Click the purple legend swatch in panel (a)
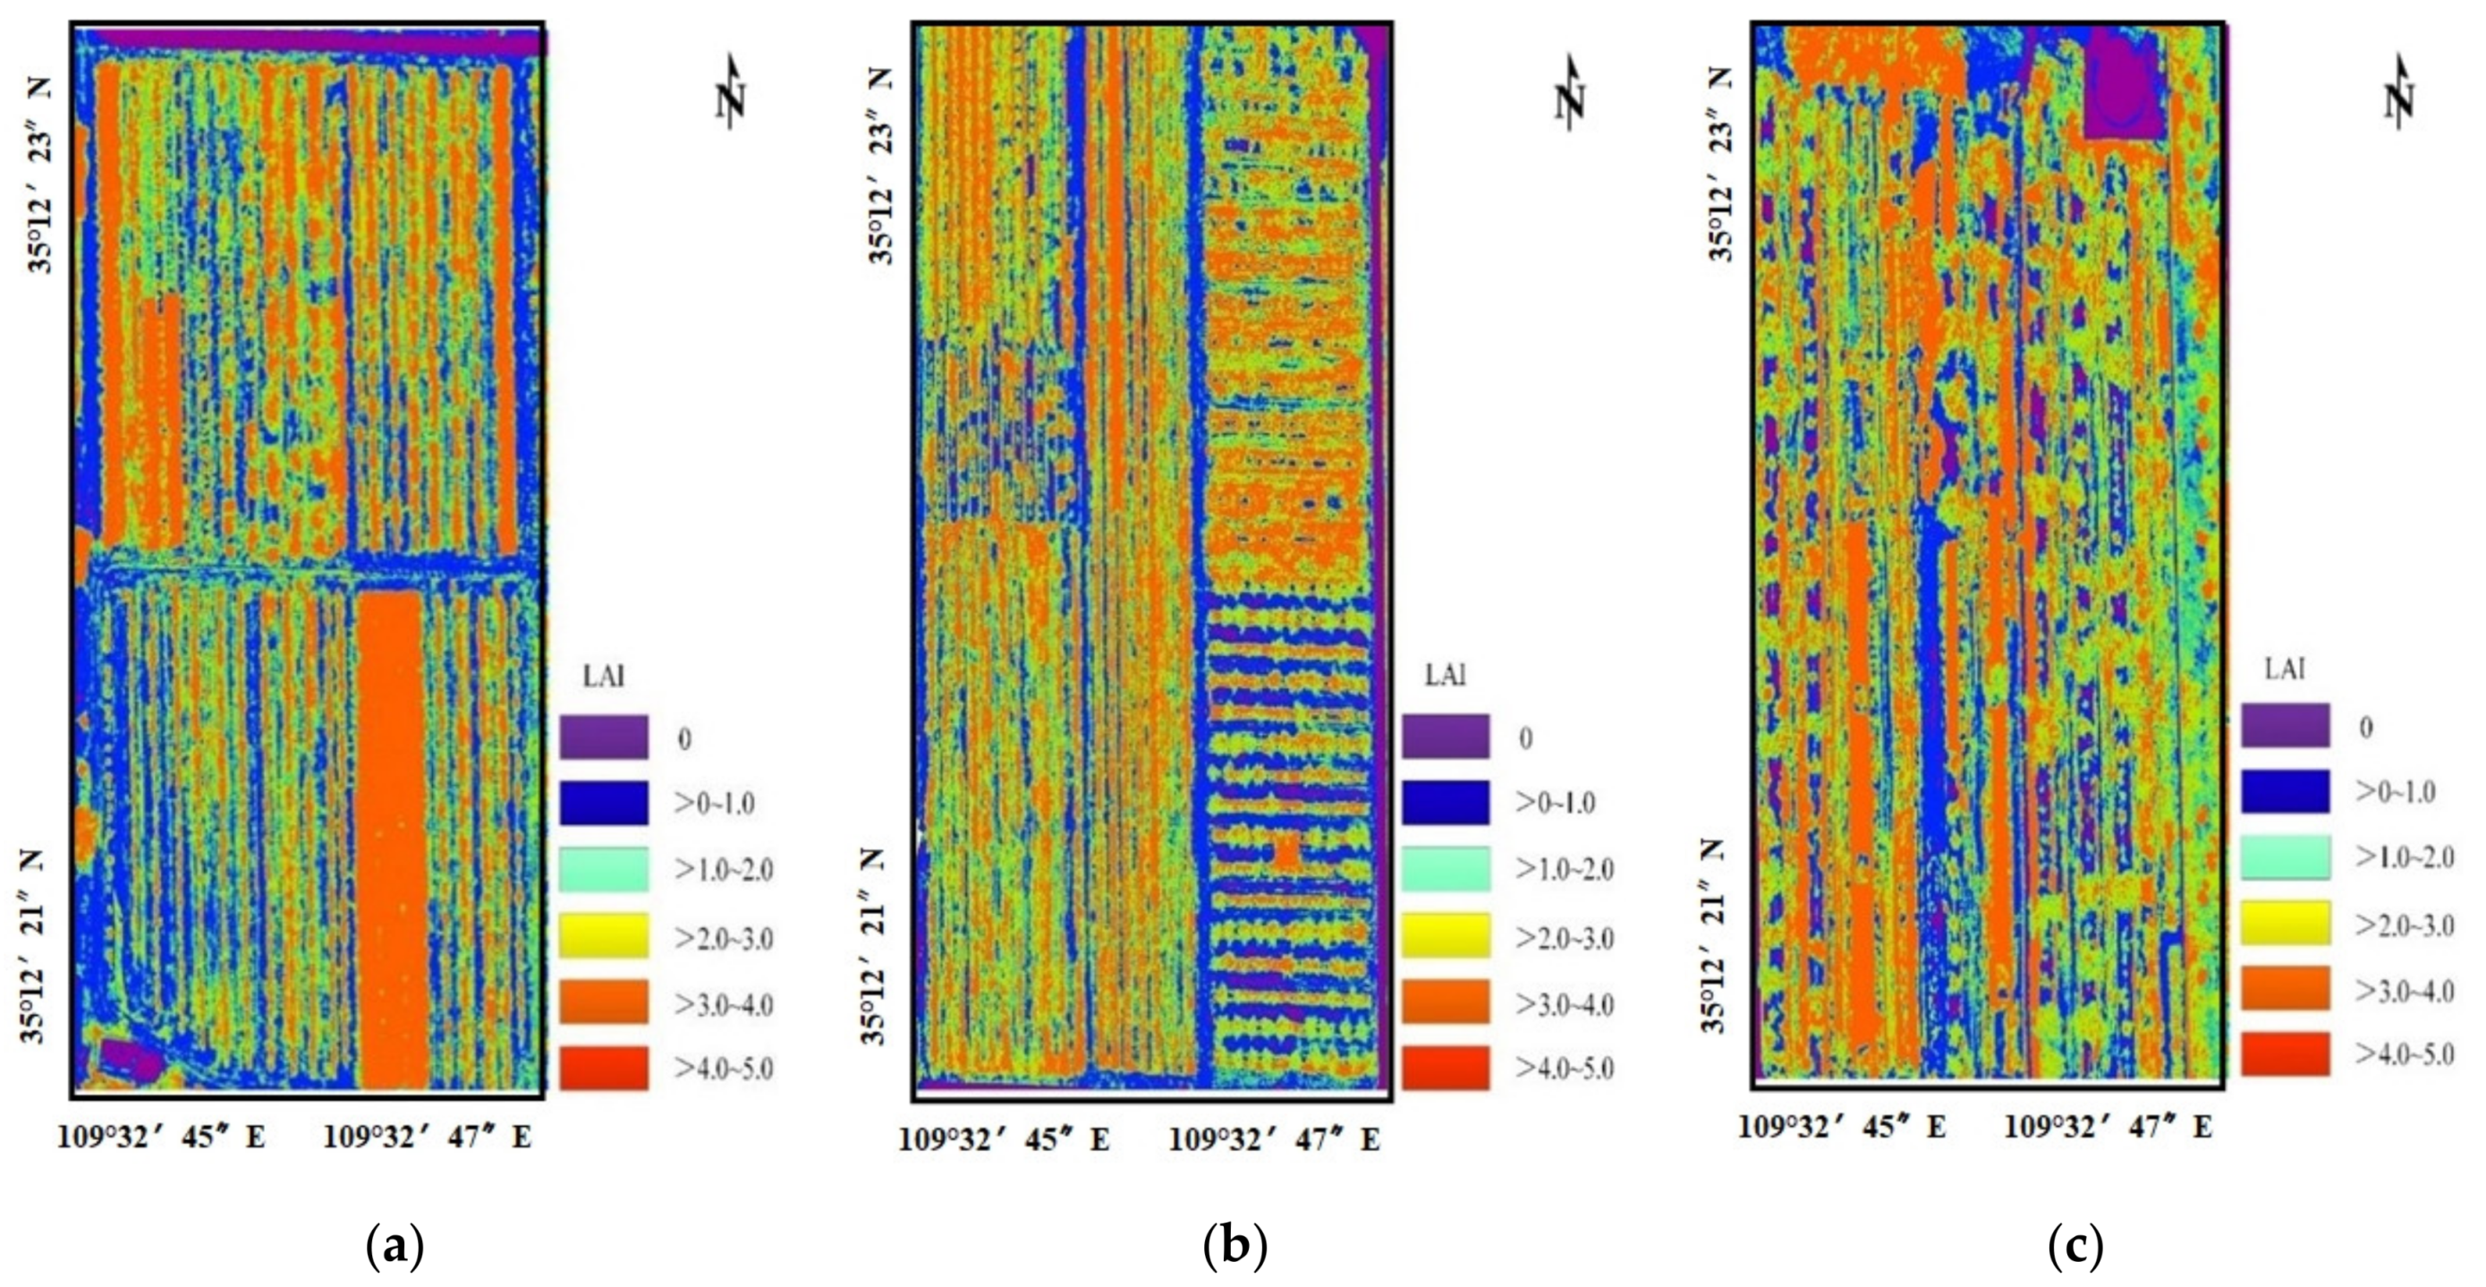click(x=603, y=737)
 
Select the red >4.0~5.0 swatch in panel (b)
click(x=1445, y=1068)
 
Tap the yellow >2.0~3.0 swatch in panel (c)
click(x=2285, y=923)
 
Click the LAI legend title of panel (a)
click(x=604, y=676)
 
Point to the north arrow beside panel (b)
click(x=1571, y=95)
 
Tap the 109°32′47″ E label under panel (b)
click(x=1274, y=1140)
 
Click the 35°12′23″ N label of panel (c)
click(x=1719, y=164)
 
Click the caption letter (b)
click(x=1235, y=1248)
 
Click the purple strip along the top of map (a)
click(x=318, y=41)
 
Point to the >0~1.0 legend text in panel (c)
click(x=2396, y=793)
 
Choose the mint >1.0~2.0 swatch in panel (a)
click(x=603, y=869)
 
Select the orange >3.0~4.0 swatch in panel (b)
click(x=1445, y=1003)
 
